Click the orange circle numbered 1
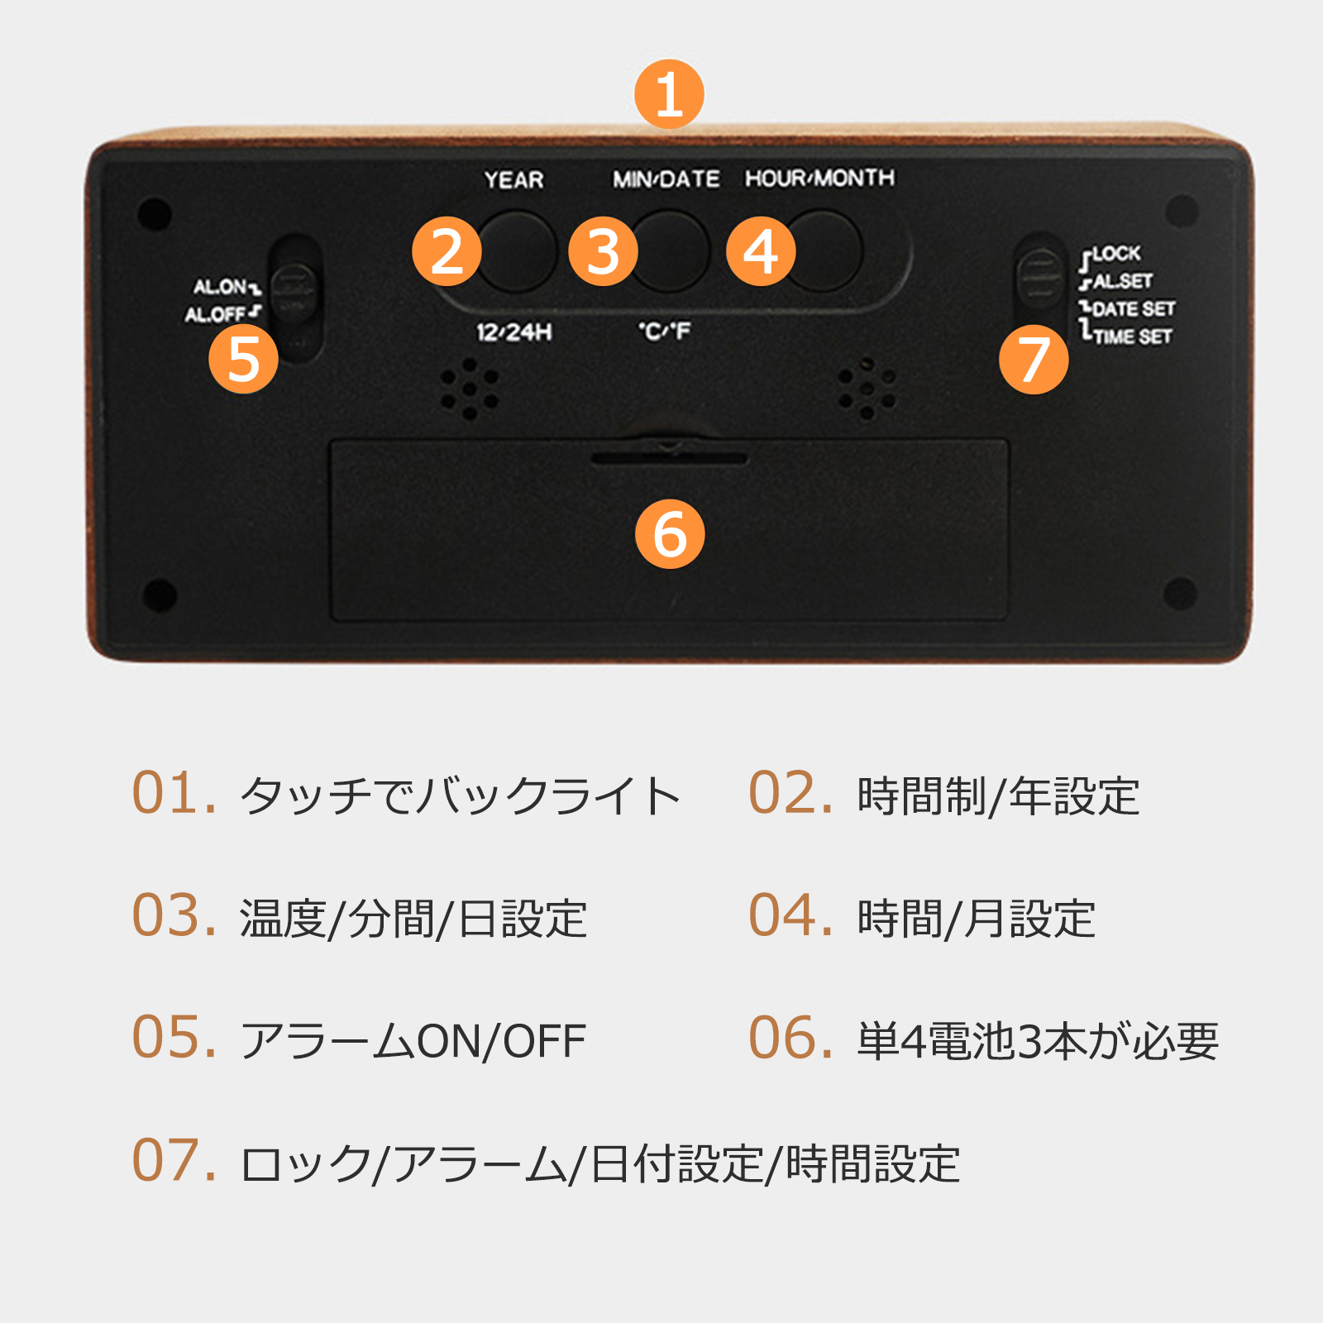(669, 94)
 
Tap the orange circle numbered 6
(670, 534)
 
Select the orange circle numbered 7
(1034, 360)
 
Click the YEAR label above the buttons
(513, 179)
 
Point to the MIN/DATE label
(666, 179)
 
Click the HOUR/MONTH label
(819, 178)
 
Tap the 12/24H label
(513, 332)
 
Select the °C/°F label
(664, 331)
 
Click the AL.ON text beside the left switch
(221, 287)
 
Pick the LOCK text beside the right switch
(1116, 253)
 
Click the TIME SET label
(1132, 337)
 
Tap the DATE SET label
(1133, 308)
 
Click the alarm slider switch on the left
(294, 292)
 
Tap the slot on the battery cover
(669, 457)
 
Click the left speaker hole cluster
(469, 388)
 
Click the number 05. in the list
(174, 1038)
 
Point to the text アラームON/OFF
(413, 1041)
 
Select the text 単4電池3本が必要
(1038, 1041)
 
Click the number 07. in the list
(174, 1160)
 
